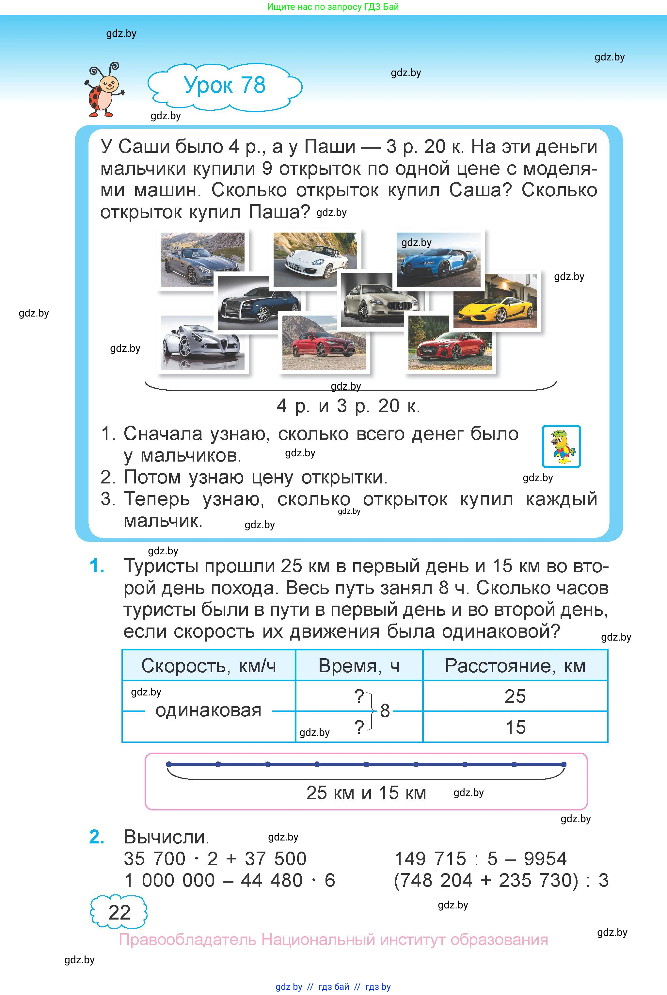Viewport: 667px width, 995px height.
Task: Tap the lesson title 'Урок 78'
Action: pyautogui.click(x=225, y=85)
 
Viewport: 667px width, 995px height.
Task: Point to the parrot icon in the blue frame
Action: pyautogui.click(x=561, y=447)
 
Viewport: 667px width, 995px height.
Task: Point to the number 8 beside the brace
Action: pyautogui.click(x=385, y=711)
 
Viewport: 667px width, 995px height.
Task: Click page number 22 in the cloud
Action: pyautogui.click(x=119, y=912)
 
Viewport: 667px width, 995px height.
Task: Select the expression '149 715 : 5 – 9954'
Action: pyautogui.click(x=480, y=859)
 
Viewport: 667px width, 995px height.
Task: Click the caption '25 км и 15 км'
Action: pyautogui.click(x=366, y=793)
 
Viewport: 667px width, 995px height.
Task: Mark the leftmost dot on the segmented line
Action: pyautogui.click(x=169, y=764)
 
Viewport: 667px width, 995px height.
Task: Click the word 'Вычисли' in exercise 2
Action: pyautogui.click(x=166, y=837)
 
